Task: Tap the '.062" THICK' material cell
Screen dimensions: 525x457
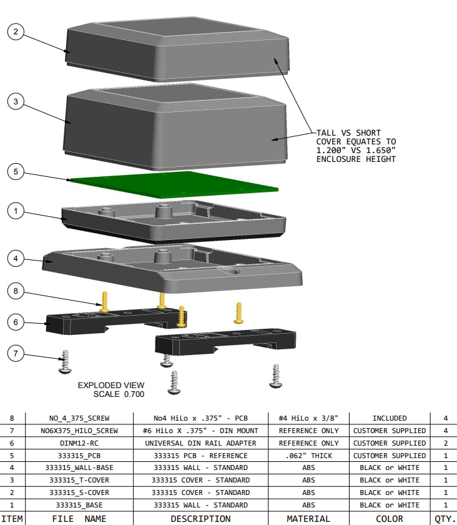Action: (308, 456)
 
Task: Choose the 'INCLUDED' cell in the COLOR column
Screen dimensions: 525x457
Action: (389, 418)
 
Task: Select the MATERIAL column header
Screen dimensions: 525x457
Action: (308, 519)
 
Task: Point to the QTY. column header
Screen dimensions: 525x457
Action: (445, 519)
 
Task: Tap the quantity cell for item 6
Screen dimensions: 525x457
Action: (445, 443)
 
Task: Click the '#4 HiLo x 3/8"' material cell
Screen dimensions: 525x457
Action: (308, 418)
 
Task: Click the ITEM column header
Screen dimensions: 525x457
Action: (13, 519)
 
